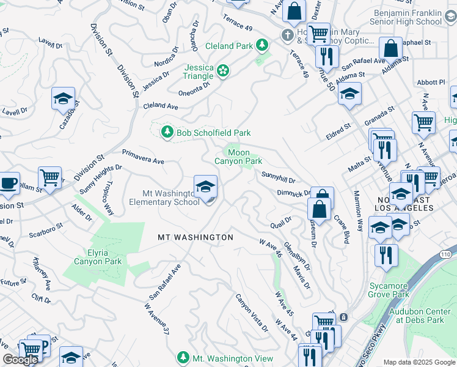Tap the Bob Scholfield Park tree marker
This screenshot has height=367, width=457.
pyautogui.click(x=166, y=132)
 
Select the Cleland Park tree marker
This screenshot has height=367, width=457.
pyautogui.click(x=261, y=45)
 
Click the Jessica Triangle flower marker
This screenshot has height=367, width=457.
pyautogui.click(x=223, y=72)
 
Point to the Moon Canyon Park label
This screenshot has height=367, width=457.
pyautogui.click(x=238, y=157)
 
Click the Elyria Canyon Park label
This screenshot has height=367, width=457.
pyautogui.click(x=98, y=256)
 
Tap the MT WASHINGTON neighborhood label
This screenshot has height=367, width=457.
pyautogui.click(x=196, y=237)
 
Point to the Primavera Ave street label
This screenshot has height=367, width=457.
pyautogui.click(x=143, y=157)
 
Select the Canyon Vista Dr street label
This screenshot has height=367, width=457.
pyautogui.click(x=252, y=313)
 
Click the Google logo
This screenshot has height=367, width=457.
pyautogui.click(x=20, y=360)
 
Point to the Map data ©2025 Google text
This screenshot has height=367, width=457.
pyautogui.click(x=419, y=362)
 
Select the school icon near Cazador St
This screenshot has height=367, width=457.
pyautogui.click(x=63, y=100)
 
